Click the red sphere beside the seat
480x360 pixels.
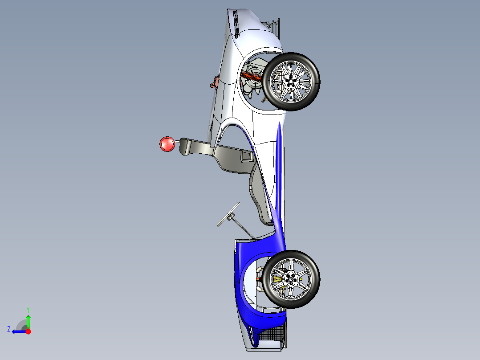(167, 144)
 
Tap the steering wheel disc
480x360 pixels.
(228, 214)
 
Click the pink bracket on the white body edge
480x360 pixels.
(215, 82)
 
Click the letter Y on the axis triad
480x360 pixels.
(28, 309)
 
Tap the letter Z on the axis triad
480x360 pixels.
(9, 329)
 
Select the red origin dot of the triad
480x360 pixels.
(28, 331)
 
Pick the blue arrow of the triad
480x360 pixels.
(19, 331)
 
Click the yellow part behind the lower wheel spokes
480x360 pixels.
(278, 279)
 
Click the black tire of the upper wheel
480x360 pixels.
(315, 82)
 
